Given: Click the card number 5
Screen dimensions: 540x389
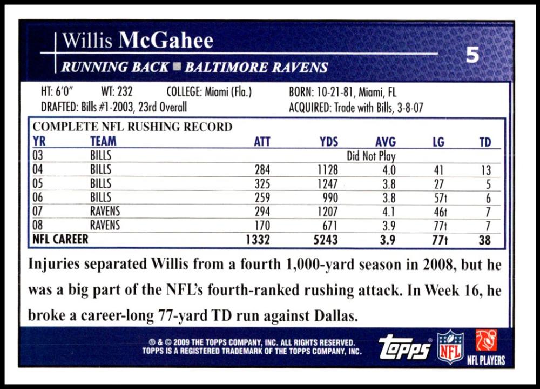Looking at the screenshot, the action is point(473,55).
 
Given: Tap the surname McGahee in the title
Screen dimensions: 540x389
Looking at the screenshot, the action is point(166,41).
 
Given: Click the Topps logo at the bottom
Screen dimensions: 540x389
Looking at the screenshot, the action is point(404,347).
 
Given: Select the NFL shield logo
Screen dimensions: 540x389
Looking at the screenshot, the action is point(450,347).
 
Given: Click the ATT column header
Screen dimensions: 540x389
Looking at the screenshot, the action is point(262,142).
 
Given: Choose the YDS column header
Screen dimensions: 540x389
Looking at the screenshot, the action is point(329,142).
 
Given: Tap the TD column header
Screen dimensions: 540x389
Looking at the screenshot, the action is point(485,142).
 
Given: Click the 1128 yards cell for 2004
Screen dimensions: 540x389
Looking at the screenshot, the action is point(328,170).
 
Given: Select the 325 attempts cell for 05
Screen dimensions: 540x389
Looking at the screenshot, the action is point(262,184).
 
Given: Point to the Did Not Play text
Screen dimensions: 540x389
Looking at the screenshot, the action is point(371,156).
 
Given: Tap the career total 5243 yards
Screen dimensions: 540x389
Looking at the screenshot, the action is point(326,240).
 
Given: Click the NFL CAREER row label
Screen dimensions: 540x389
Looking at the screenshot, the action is point(60,239).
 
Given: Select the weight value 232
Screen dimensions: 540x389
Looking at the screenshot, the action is point(125,91).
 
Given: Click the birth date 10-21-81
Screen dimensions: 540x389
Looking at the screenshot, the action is point(335,92).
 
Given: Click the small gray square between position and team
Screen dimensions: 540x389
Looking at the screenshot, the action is point(177,67).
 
